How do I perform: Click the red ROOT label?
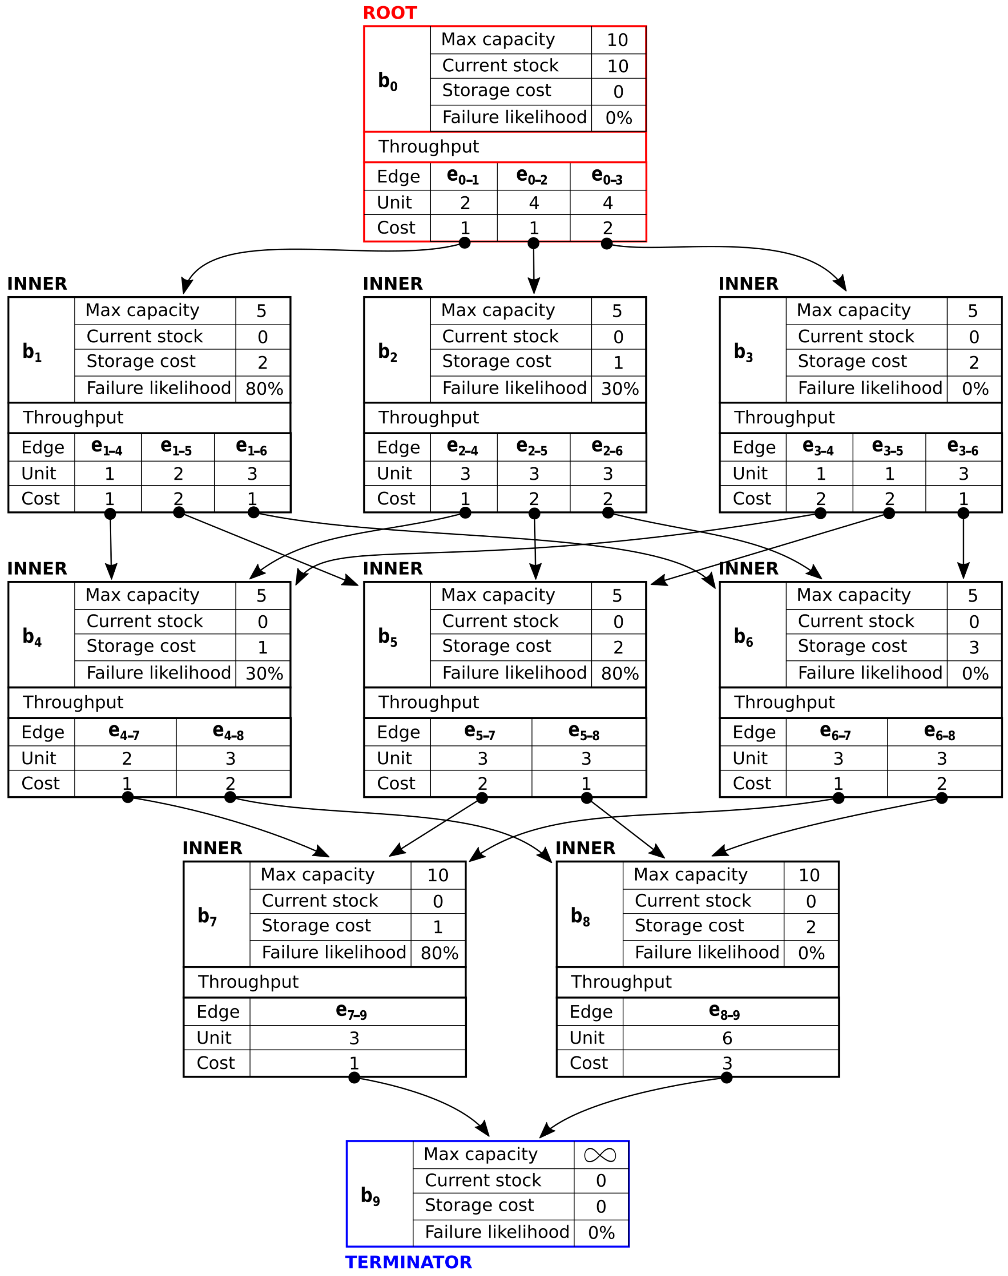(x=390, y=13)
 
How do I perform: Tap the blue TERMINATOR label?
(x=408, y=1262)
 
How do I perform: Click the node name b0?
(x=388, y=81)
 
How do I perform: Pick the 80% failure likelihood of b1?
(x=264, y=388)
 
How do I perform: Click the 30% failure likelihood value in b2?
(x=620, y=388)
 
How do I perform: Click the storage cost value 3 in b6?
(x=974, y=647)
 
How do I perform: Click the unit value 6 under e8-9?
(x=727, y=1038)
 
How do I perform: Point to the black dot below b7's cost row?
(x=354, y=1078)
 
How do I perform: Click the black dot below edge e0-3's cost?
(x=607, y=244)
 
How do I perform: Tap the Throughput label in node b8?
(x=621, y=981)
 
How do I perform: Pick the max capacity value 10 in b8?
(x=809, y=875)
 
